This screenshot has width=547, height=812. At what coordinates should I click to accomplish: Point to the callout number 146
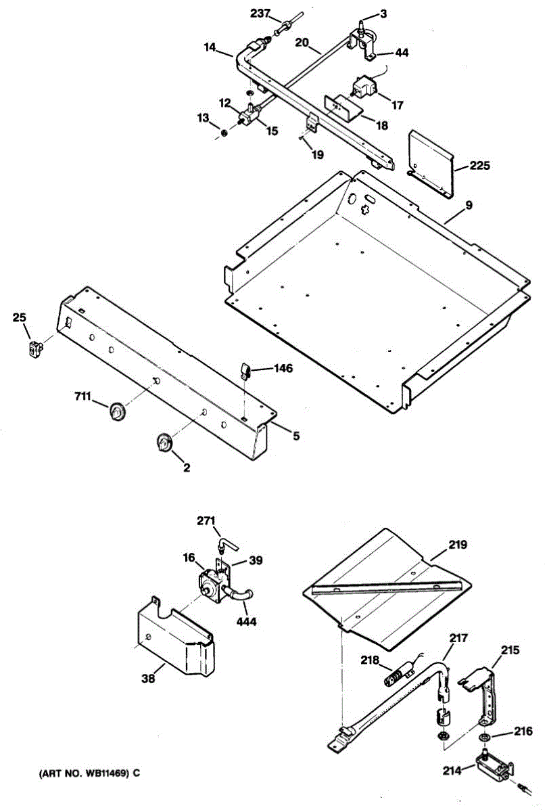284,369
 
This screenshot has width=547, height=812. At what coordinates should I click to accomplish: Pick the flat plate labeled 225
431,162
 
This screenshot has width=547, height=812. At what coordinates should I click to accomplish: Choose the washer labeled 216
485,737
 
